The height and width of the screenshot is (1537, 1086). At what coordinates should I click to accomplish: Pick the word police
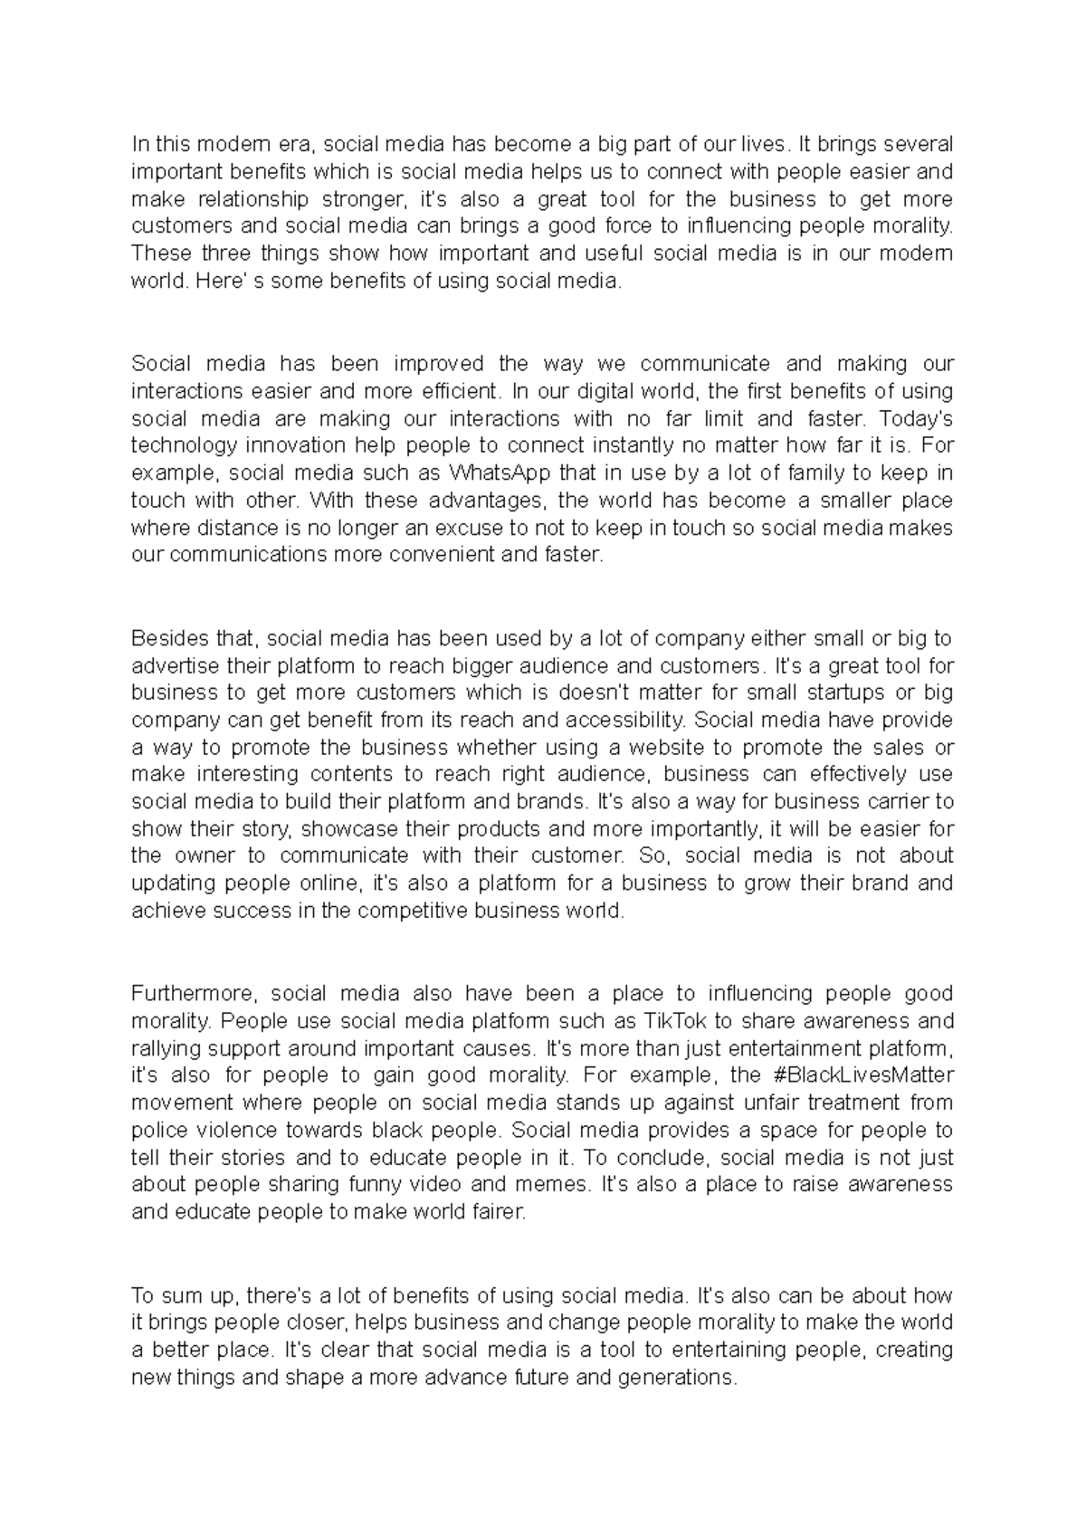click(x=159, y=1131)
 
